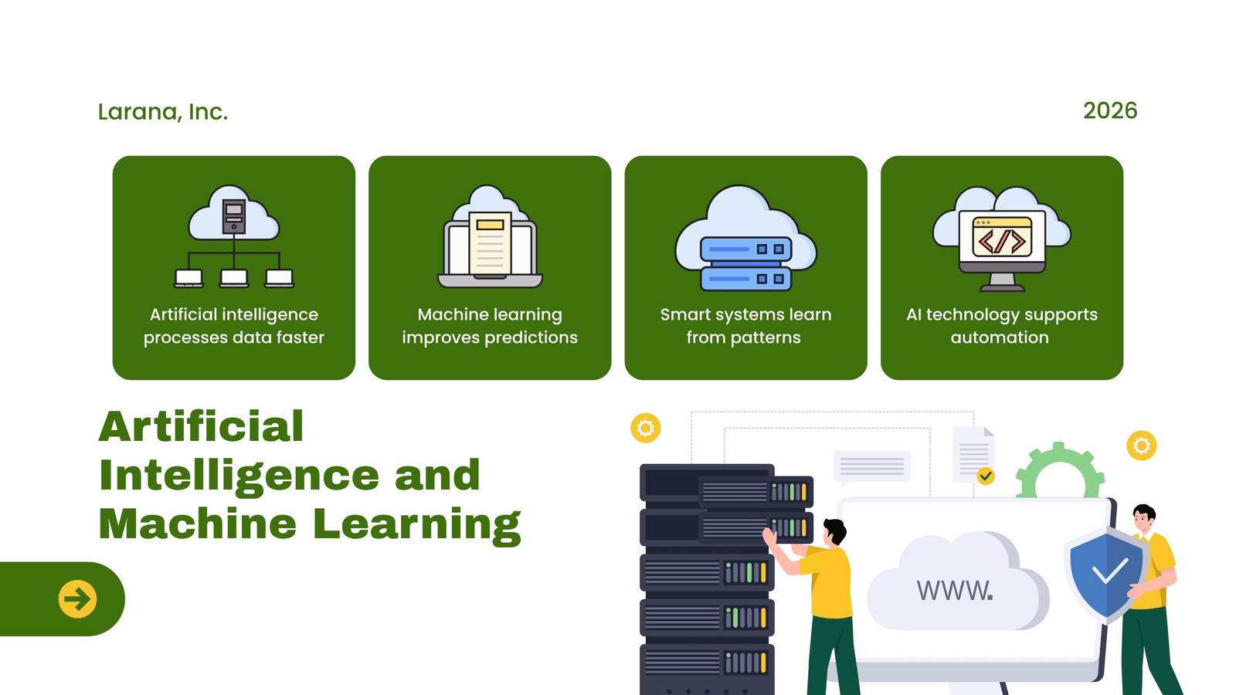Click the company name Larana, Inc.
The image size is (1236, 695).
pyautogui.click(x=163, y=112)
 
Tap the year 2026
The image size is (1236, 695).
pyautogui.click(x=1109, y=111)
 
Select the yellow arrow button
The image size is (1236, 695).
pyautogui.click(x=77, y=599)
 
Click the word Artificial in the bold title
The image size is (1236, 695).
pyautogui.click(x=202, y=426)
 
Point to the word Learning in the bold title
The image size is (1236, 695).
pyautogui.click(x=416, y=525)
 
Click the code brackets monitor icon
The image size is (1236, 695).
pyautogui.click(x=1001, y=239)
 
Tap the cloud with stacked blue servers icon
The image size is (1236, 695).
pyautogui.click(x=745, y=238)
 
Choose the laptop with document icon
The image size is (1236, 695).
pyautogui.click(x=490, y=236)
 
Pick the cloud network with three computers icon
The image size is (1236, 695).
pyautogui.click(x=234, y=236)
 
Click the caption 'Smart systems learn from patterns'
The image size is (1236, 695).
pyautogui.click(x=745, y=326)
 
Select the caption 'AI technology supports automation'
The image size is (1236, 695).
pyautogui.click(x=1001, y=326)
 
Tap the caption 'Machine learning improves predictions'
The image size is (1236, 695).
pyautogui.click(x=490, y=326)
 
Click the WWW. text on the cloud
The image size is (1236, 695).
pyautogui.click(x=955, y=590)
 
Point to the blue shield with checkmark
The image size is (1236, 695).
pyautogui.click(x=1105, y=574)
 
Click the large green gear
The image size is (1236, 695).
pyautogui.click(x=1059, y=470)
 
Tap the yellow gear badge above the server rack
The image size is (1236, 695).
pyautogui.click(x=646, y=428)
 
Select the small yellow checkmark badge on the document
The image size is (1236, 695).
pyautogui.click(x=986, y=476)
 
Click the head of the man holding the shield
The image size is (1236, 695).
pyautogui.click(x=1143, y=518)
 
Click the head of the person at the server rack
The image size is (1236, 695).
pyautogui.click(x=834, y=532)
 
